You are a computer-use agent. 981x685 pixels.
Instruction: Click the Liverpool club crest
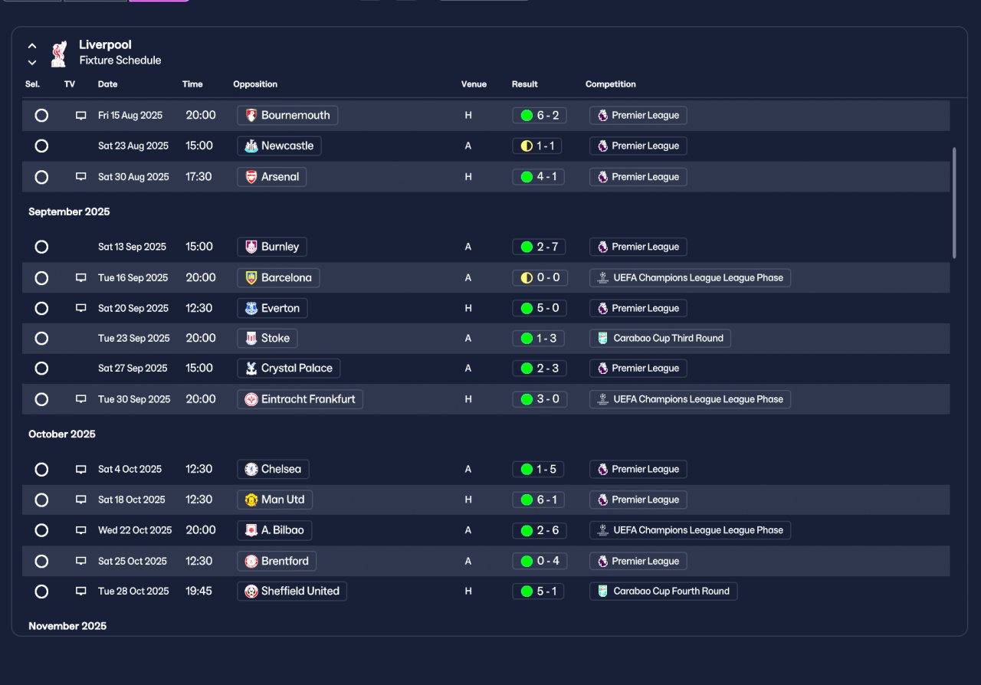tap(59, 54)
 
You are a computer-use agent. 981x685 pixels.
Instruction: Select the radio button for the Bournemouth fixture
tap(41, 115)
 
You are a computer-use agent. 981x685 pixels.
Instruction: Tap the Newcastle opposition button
tap(279, 146)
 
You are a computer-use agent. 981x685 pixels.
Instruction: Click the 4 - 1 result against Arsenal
tap(538, 177)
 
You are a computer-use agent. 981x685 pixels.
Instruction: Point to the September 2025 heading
tap(69, 211)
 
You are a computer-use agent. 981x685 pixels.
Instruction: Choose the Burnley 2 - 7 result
tap(539, 247)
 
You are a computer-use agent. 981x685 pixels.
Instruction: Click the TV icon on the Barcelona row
tap(80, 277)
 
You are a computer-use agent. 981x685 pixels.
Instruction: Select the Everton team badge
tap(251, 308)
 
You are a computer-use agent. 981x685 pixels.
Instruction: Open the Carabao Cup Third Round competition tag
tap(660, 338)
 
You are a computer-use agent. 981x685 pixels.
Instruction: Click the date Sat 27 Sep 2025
tap(133, 369)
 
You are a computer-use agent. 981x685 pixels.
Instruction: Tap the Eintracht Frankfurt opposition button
tap(300, 399)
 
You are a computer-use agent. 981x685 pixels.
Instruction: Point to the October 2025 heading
tap(62, 434)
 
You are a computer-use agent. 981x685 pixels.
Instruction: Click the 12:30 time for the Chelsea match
tap(198, 469)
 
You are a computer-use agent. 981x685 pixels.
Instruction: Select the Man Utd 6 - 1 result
tap(538, 500)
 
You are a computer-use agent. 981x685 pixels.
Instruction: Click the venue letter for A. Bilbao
tap(468, 530)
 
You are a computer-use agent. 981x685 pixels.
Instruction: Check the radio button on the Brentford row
tap(41, 561)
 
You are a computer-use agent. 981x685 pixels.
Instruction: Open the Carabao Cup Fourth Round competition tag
tap(664, 592)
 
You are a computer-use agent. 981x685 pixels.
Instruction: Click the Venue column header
tap(474, 84)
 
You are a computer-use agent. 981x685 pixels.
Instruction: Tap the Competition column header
tap(611, 84)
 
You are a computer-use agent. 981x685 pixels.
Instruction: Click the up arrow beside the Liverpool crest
tap(32, 45)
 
